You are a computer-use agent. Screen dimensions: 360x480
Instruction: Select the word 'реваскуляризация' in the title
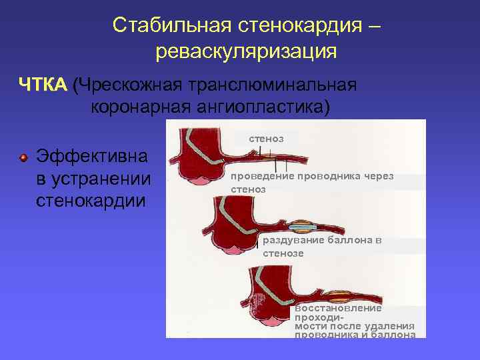246,51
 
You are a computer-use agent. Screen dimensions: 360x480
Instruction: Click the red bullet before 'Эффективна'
23,157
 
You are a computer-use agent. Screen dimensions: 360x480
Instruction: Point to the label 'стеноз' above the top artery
266,139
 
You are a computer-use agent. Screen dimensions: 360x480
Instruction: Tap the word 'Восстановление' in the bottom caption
338,309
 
